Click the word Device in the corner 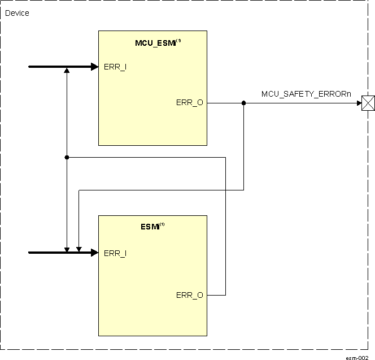[x=17, y=13]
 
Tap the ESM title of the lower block [x=149, y=227]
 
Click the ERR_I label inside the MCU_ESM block [x=115, y=67]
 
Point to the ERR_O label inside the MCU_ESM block [x=189, y=103]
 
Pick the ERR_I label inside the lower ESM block [x=115, y=253]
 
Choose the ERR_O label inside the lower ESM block [x=189, y=295]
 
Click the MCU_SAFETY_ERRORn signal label [x=306, y=94]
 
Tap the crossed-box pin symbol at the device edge [x=368, y=103]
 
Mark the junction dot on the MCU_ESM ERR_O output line [x=243, y=103]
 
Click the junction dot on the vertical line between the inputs [x=67, y=157]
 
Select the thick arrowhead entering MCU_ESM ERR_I [x=94, y=67]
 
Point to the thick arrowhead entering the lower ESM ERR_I [x=94, y=253]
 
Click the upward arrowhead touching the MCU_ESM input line [x=67, y=71]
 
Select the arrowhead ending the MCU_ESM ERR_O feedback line [x=79, y=249]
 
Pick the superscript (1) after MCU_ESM [x=178, y=40]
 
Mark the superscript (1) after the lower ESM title [x=162, y=225]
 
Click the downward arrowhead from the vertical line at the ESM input [x=67, y=249]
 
